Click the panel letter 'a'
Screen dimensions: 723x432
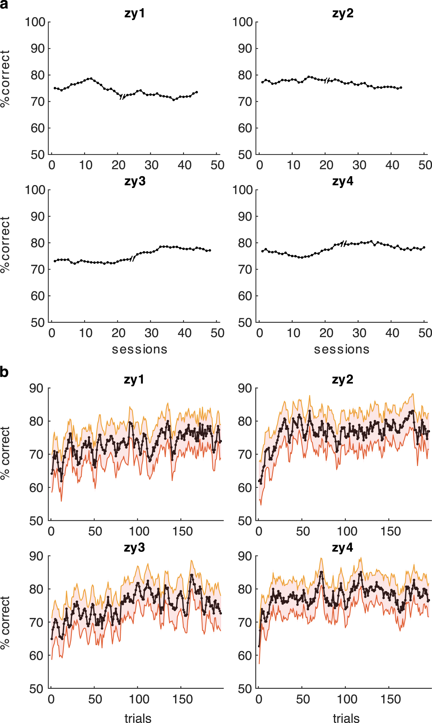pyautogui.click(x=4, y=5)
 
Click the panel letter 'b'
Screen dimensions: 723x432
pyautogui.click(x=4, y=372)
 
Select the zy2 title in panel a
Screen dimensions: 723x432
pyautogui.click(x=343, y=14)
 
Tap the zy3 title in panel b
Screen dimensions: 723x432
pyautogui.click(x=134, y=547)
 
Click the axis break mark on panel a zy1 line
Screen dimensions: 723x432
pyautogui.click(x=123, y=96)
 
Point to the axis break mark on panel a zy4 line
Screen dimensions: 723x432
pyautogui.click(x=343, y=244)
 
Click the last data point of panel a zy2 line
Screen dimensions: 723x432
pyautogui.click(x=401, y=88)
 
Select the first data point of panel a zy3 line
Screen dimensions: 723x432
pyautogui.click(x=55, y=261)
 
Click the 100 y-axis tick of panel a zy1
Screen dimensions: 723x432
pyautogui.click(x=35, y=22)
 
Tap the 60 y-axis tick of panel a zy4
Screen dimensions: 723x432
pyautogui.click(x=245, y=296)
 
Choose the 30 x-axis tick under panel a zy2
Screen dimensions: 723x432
pyautogui.click(x=359, y=165)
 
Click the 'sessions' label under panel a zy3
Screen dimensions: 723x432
pyautogui.click(x=139, y=349)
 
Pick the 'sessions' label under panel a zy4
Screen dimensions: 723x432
pyautogui.click(x=342, y=349)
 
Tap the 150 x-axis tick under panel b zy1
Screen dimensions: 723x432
pyautogui.click(x=182, y=532)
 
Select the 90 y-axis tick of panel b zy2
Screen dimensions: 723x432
pyautogui.click(x=245, y=388)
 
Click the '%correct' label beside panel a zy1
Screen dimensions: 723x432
pyautogui.click(x=5, y=79)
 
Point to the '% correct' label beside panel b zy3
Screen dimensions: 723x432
pyautogui.click(x=5, y=623)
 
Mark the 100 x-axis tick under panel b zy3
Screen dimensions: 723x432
pyautogui.click(x=139, y=699)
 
